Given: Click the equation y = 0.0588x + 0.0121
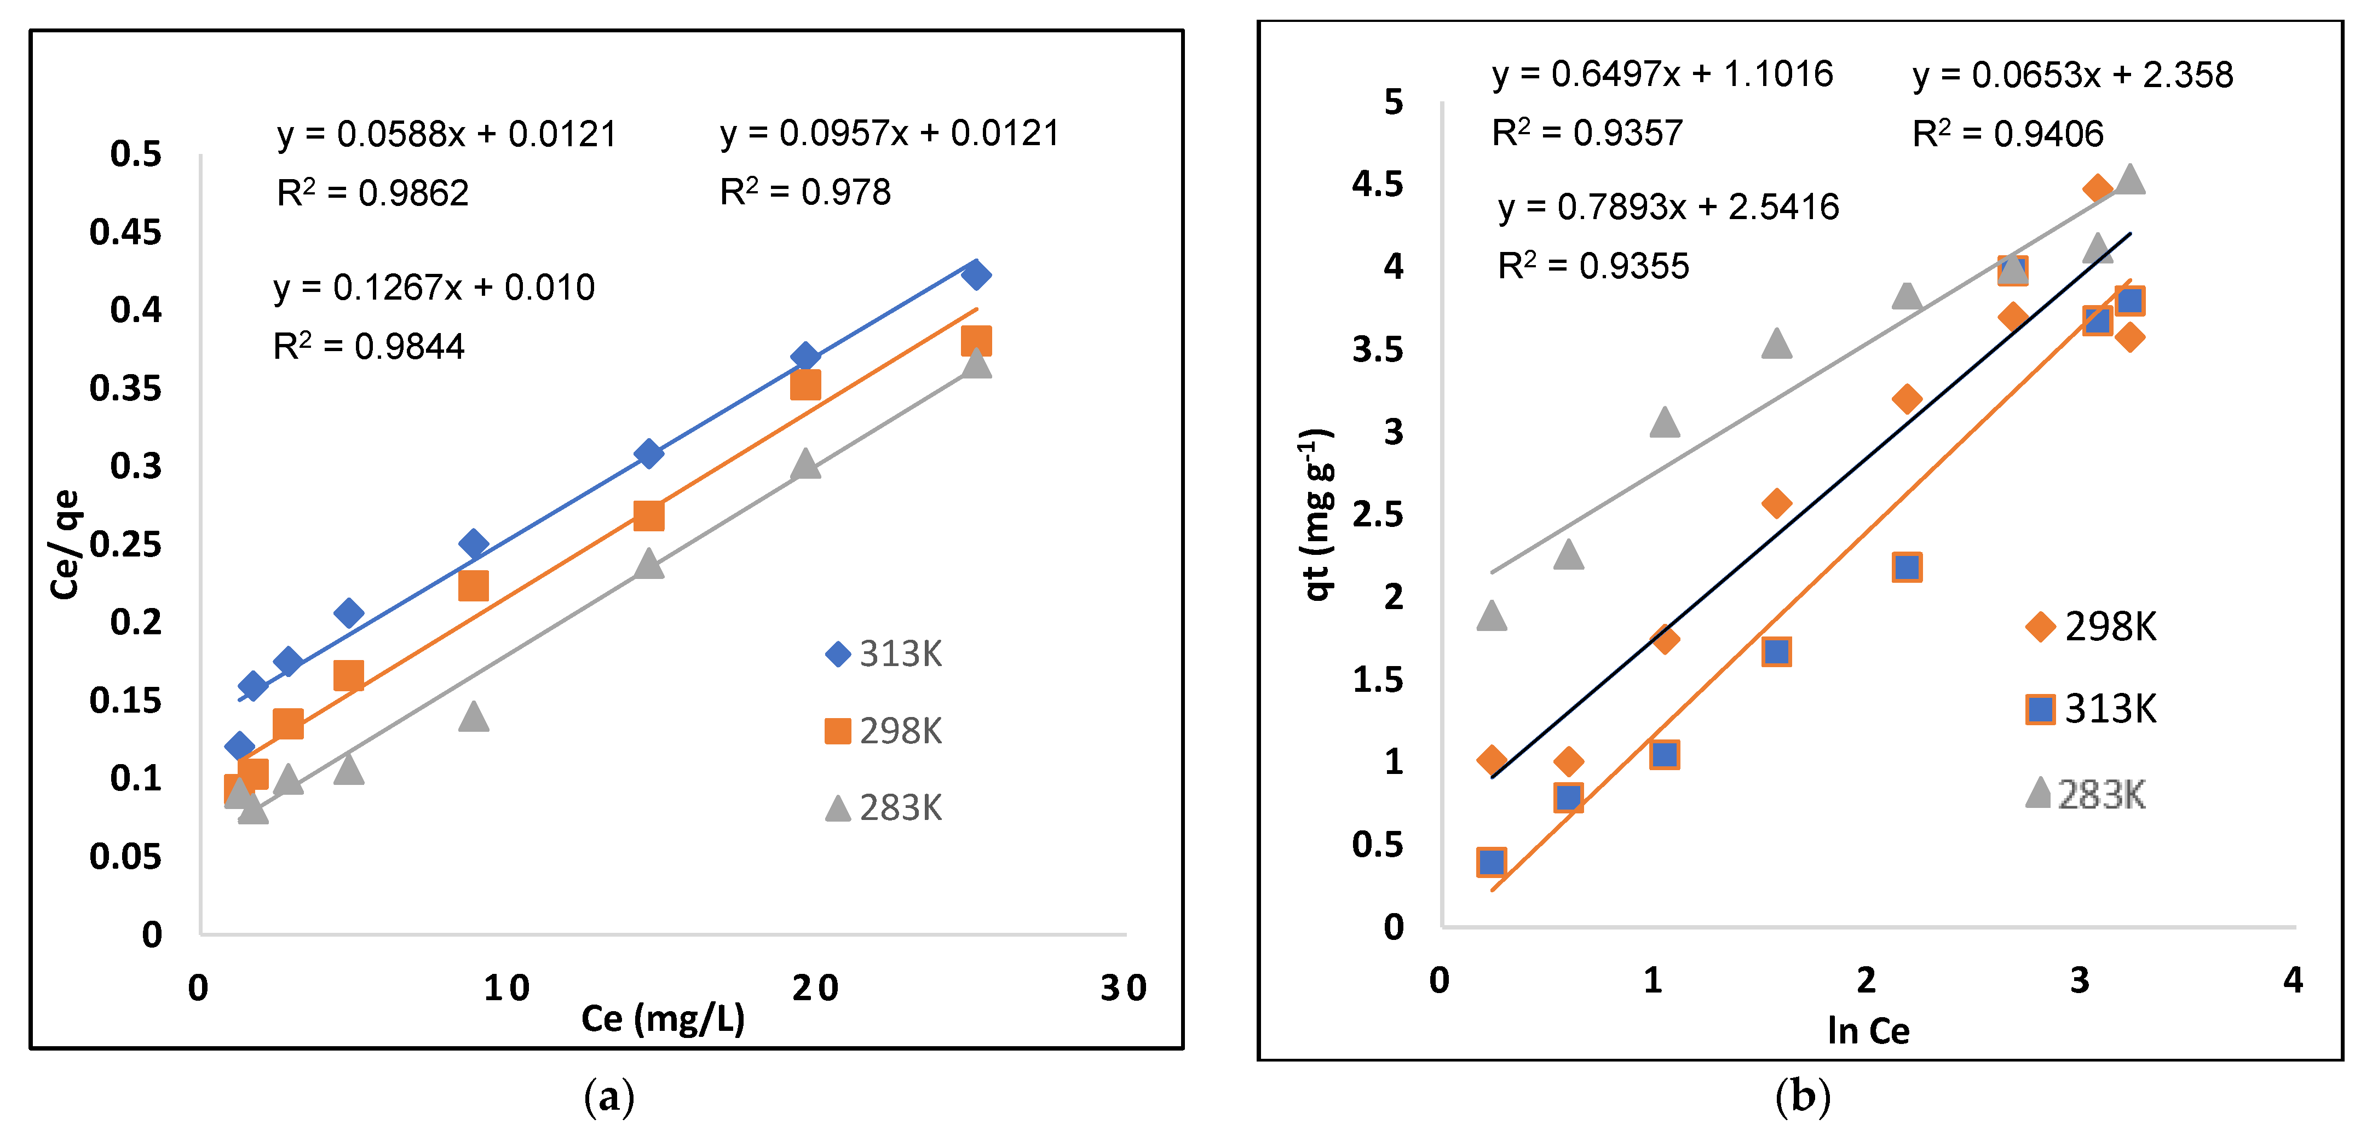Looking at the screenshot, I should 447,134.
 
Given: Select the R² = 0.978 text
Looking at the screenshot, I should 805,192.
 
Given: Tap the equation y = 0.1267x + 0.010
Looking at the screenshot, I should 434,288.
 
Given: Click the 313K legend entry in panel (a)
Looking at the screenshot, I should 884,654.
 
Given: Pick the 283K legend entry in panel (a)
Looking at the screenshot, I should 884,808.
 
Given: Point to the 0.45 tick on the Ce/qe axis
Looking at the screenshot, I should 125,232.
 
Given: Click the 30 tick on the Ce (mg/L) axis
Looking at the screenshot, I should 1124,988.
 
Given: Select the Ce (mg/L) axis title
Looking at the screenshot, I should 663,1019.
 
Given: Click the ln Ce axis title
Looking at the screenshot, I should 1868,1030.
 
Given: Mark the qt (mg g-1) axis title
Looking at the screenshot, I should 1317,514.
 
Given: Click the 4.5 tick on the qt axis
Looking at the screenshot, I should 1378,184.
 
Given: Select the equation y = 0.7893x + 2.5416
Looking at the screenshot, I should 1668,207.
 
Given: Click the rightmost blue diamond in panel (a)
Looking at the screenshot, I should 975,274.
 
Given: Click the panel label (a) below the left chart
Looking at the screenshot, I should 609,1097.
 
